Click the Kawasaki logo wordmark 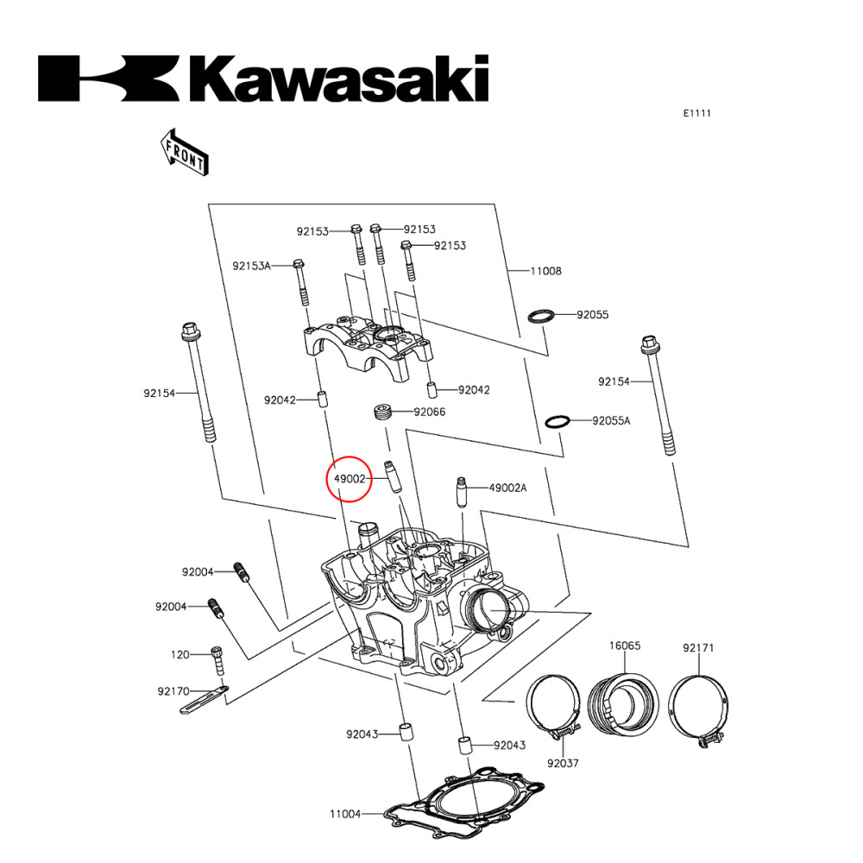coord(263,79)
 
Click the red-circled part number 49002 coord(349,477)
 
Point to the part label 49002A coord(507,488)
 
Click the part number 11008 coord(545,271)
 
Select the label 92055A coord(611,421)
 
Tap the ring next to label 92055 coord(540,315)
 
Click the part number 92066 coord(429,413)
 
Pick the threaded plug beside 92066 coord(383,412)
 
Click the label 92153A coord(251,265)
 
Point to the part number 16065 coord(625,646)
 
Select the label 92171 coord(698,648)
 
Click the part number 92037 coord(562,764)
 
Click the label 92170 coord(174,691)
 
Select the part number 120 coord(180,655)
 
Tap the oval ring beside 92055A coord(557,422)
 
